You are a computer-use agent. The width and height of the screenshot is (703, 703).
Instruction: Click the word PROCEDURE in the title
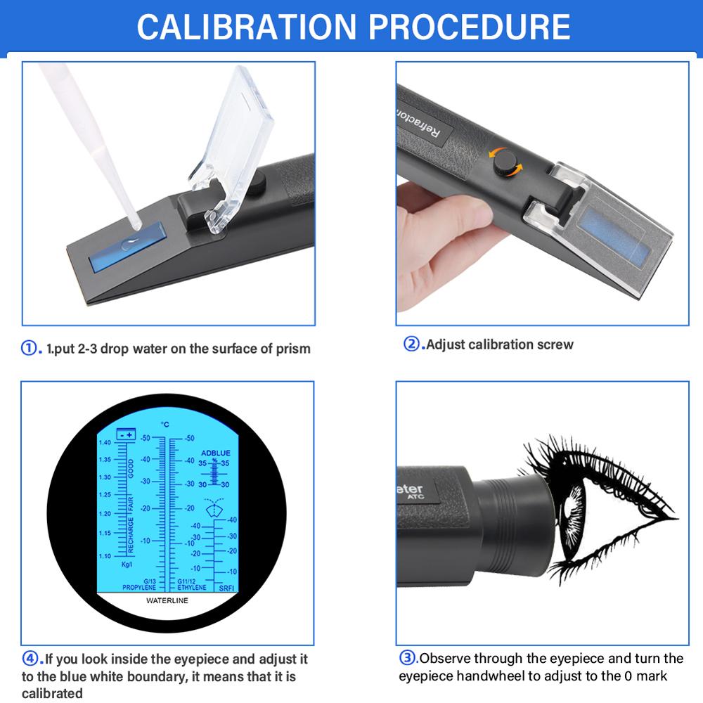click(x=469, y=26)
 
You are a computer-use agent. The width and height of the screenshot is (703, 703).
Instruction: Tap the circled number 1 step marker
click(x=30, y=348)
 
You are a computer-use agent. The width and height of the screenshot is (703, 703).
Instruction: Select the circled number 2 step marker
click(x=411, y=344)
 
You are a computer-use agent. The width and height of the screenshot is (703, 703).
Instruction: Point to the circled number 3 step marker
click(x=408, y=659)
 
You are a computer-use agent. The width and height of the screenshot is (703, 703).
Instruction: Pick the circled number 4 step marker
click(x=30, y=659)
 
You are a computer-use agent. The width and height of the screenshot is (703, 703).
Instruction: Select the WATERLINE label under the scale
click(x=167, y=601)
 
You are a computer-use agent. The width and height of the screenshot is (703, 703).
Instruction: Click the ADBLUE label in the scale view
click(x=217, y=453)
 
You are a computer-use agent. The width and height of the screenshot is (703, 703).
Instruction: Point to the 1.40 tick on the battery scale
click(x=105, y=442)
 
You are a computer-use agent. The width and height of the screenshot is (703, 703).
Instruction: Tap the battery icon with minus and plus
click(x=126, y=435)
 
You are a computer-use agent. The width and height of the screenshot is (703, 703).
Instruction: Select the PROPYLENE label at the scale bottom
click(x=139, y=587)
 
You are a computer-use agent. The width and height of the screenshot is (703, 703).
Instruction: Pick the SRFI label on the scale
click(x=226, y=587)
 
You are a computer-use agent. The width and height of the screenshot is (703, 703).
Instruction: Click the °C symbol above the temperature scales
click(x=165, y=425)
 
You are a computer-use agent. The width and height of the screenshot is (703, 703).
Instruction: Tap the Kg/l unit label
click(x=127, y=564)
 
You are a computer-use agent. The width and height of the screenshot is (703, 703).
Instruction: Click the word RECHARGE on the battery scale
click(x=131, y=536)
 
